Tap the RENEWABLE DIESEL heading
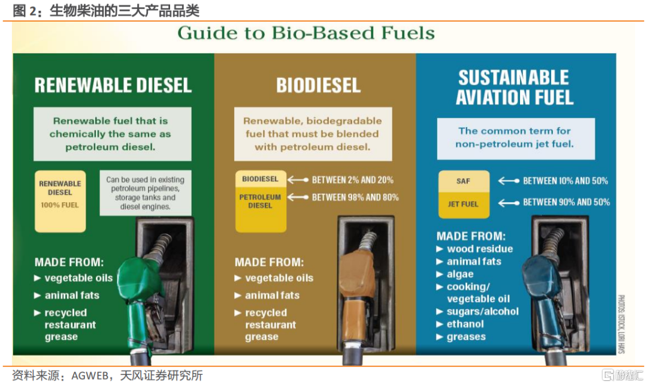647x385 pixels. click(x=113, y=86)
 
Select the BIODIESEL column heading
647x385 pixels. click(x=319, y=86)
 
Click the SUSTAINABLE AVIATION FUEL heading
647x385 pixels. click(x=514, y=88)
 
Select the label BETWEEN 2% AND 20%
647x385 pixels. click(x=352, y=180)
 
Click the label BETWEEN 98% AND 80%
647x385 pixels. click(x=355, y=197)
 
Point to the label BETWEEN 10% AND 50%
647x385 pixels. click(x=566, y=181)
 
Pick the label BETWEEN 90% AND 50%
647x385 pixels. click(x=566, y=203)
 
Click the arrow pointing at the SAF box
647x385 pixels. click(x=509, y=181)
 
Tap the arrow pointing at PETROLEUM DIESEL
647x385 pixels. click(x=298, y=197)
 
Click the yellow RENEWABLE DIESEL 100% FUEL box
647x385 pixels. click(x=61, y=201)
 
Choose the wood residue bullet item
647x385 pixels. click(x=474, y=249)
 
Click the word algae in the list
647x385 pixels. click(x=460, y=274)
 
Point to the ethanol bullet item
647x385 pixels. click(x=460, y=324)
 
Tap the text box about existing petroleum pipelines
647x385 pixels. click(x=145, y=193)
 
